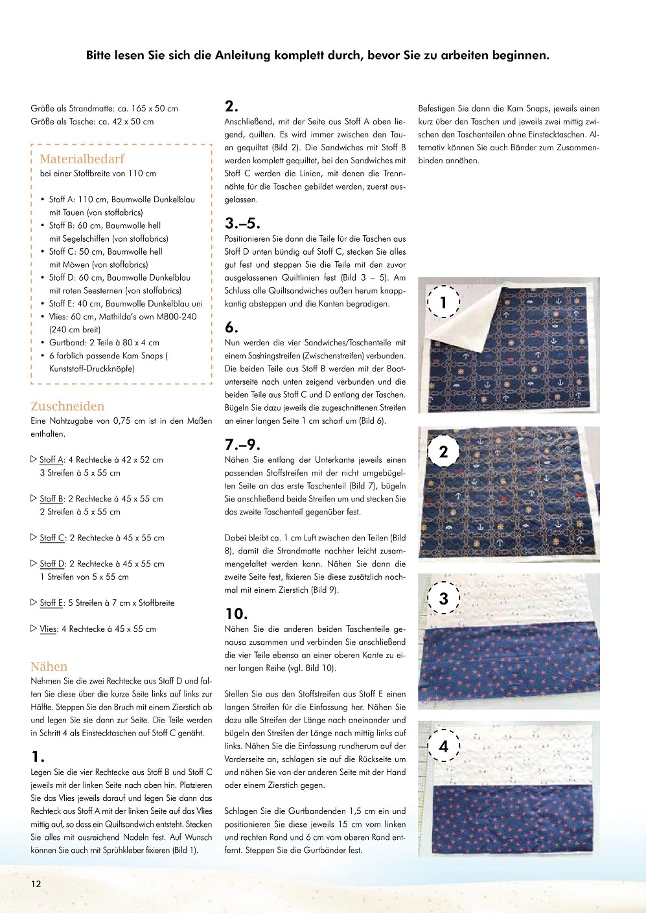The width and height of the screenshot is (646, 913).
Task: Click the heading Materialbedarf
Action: click(82, 159)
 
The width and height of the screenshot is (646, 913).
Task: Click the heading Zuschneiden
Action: click(67, 406)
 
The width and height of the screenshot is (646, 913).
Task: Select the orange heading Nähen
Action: click(49, 666)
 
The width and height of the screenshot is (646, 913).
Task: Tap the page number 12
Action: click(36, 883)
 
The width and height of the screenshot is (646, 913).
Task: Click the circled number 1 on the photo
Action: click(443, 302)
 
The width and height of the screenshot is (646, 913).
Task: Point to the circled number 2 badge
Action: click(443, 452)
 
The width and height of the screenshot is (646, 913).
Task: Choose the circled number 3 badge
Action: click(443, 598)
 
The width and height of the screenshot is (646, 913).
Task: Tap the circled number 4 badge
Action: click(443, 746)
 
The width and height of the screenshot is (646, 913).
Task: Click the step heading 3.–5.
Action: click(242, 224)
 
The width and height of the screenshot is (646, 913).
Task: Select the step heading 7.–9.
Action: click(242, 445)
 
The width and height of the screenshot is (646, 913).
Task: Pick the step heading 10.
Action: click(236, 614)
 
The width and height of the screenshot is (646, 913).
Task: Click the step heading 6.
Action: click(231, 327)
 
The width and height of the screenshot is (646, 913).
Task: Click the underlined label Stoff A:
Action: click(52, 459)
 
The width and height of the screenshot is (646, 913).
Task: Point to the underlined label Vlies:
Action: click(49, 629)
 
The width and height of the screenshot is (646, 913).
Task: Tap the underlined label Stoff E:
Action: click(52, 603)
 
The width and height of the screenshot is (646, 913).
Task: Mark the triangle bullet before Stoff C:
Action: click(34, 537)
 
